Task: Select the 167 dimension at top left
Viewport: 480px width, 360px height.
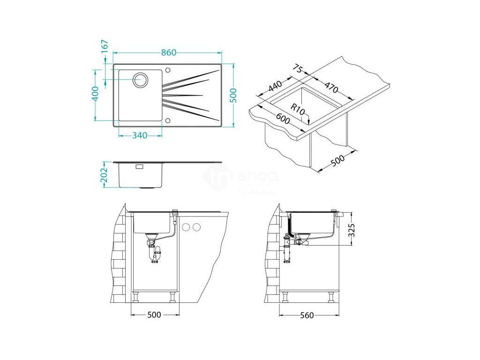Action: [105, 45]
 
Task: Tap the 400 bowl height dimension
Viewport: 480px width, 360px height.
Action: [95, 94]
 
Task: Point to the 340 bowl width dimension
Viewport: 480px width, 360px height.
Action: [140, 135]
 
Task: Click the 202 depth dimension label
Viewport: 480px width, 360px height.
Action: [105, 174]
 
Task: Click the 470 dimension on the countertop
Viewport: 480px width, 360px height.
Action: [331, 87]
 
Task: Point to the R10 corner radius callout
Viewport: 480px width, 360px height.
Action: [298, 110]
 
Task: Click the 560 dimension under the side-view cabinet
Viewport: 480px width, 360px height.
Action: [307, 315]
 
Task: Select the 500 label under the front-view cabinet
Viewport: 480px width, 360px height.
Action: [154, 315]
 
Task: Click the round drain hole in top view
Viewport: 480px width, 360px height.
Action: [140, 80]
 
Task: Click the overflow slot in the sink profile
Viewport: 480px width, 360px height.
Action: [139, 166]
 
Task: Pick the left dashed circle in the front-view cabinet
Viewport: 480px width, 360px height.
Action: [186, 228]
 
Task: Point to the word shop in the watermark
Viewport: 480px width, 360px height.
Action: [257, 177]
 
